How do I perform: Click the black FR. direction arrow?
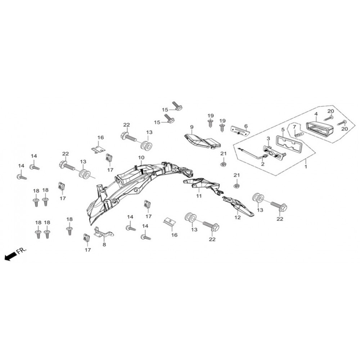point(10,256)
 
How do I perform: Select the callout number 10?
point(141,158)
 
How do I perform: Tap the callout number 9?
point(192,127)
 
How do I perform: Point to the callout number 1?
point(306,166)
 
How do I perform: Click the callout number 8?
point(104,245)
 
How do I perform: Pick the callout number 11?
point(199,196)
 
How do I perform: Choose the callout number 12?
point(237,217)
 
